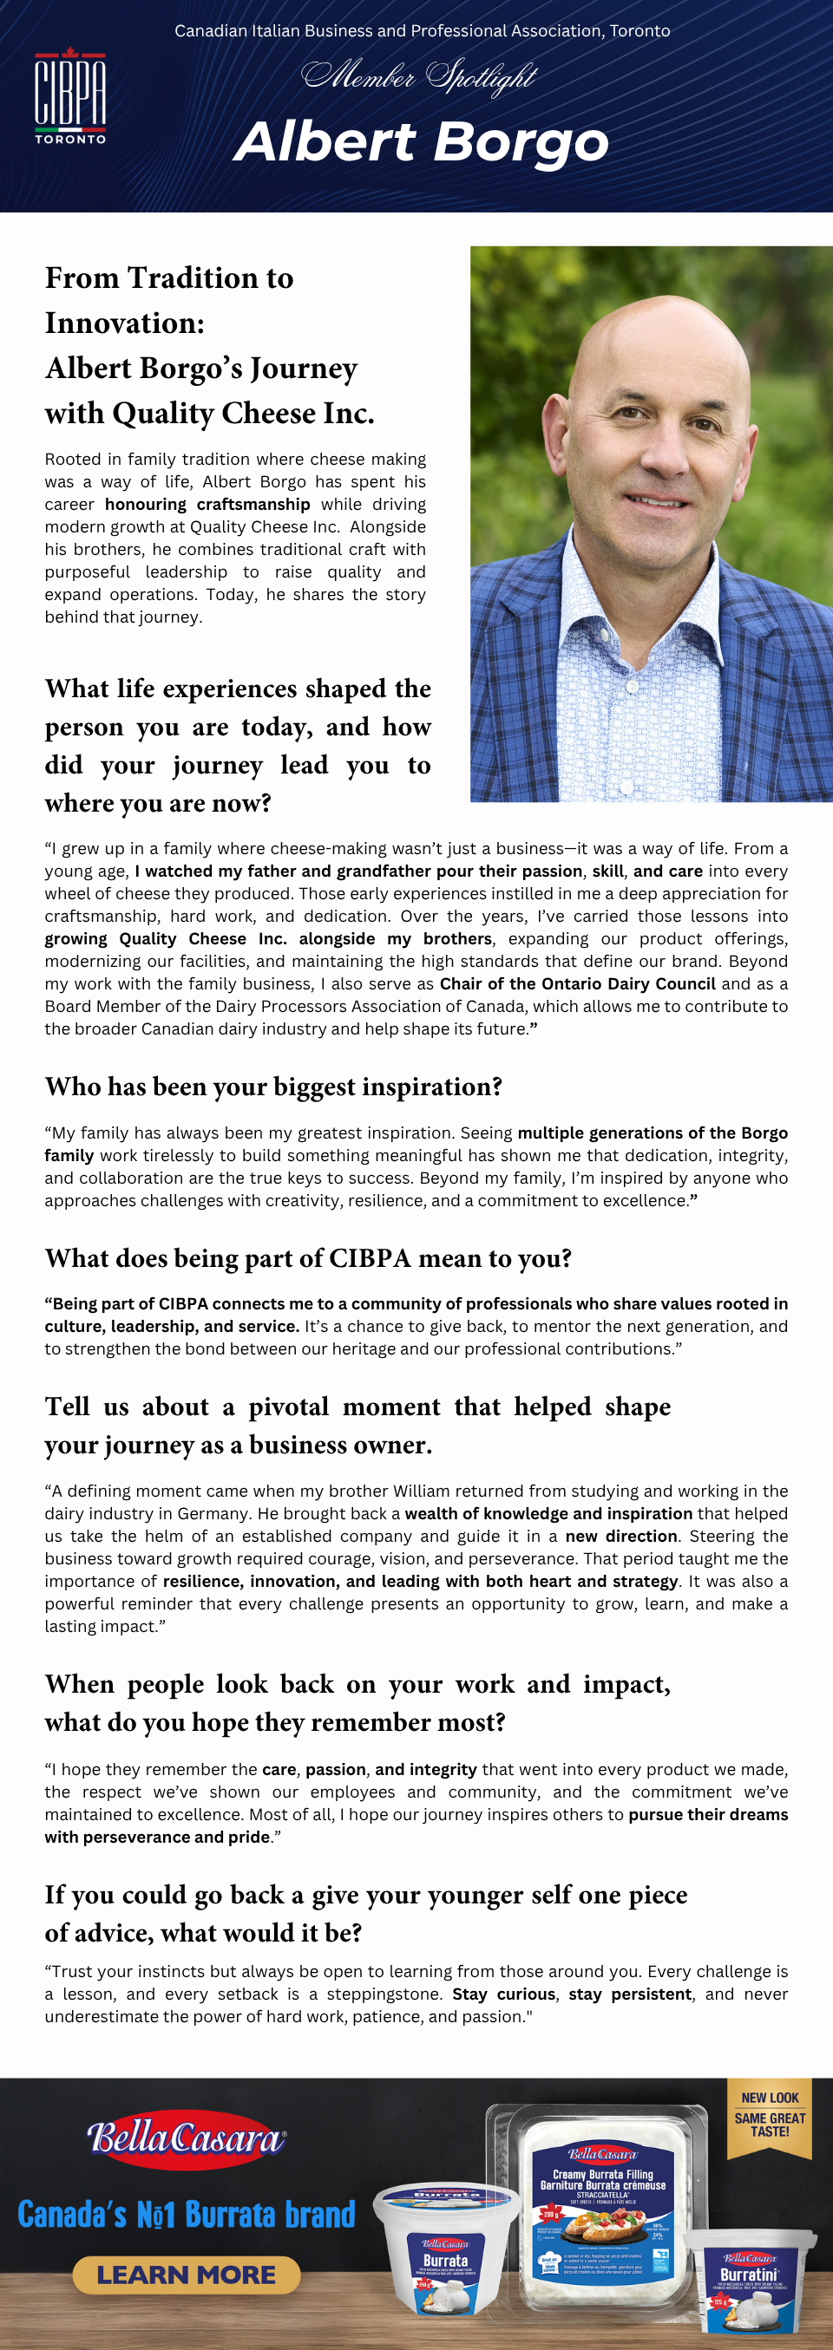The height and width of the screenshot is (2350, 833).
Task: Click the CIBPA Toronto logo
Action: [x=70, y=95]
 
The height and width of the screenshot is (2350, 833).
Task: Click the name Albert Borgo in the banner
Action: [x=421, y=142]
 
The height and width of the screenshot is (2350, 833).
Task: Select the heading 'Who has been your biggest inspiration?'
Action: [x=272, y=1087]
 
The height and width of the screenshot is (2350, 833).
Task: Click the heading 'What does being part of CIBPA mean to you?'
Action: [x=307, y=1258]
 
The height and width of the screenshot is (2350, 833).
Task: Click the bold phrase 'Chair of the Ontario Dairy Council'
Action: [x=577, y=983]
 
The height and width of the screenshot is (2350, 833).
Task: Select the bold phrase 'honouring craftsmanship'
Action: [x=207, y=504]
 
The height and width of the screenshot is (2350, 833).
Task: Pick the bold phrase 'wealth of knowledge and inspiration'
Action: [x=548, y=1512]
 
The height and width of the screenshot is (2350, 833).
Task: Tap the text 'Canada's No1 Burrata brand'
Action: [x=187, y=2214]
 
